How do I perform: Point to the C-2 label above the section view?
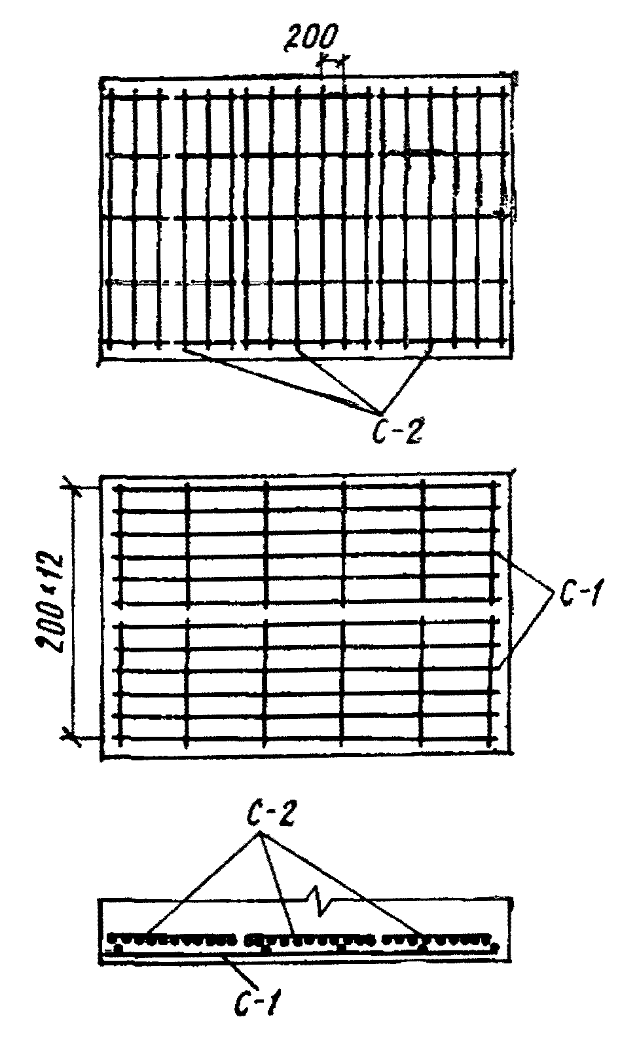pyautogui.click(x=270, y=815)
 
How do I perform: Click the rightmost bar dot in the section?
pyautogui.click(x=495, y=946)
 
